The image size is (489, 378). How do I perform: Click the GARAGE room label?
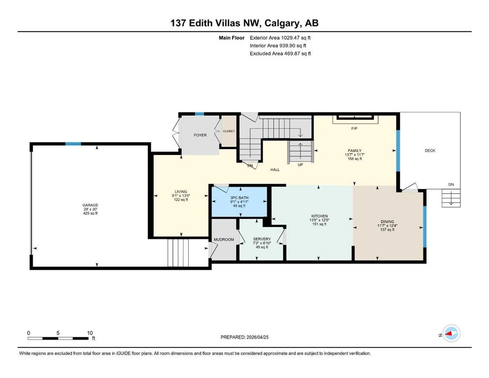click(90, 205)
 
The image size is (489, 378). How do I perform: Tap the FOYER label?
click(200, 135)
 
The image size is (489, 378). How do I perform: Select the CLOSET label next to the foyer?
click(229, 131)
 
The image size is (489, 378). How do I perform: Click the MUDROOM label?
click(224, 239)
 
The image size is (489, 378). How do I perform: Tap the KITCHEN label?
click(319, 216)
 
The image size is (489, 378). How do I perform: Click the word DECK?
click(430, 151)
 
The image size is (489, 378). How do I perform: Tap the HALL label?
click(275, 169)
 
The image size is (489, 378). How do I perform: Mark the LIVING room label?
click(181, 191)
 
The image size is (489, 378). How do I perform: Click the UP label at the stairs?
click(300, 164)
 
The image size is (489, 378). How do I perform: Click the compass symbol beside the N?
click(451, 334)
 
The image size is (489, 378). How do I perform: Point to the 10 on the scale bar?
click(90, 333)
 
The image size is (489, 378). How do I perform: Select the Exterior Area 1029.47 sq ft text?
click(280, 37)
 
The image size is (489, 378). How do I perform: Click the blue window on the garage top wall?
click(73, 144)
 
